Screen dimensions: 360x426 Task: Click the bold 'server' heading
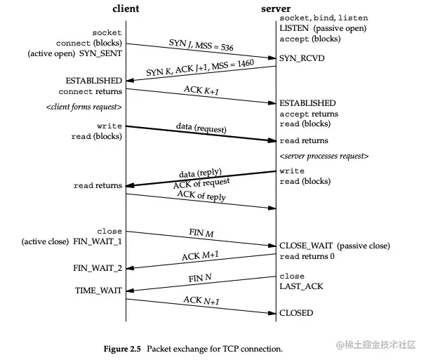276,8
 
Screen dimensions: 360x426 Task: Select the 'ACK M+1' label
200,255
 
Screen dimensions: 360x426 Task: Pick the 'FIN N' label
199,279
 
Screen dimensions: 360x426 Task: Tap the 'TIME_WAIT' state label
98,290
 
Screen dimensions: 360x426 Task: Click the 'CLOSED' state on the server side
297,313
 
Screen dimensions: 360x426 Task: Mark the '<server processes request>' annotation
324,156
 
